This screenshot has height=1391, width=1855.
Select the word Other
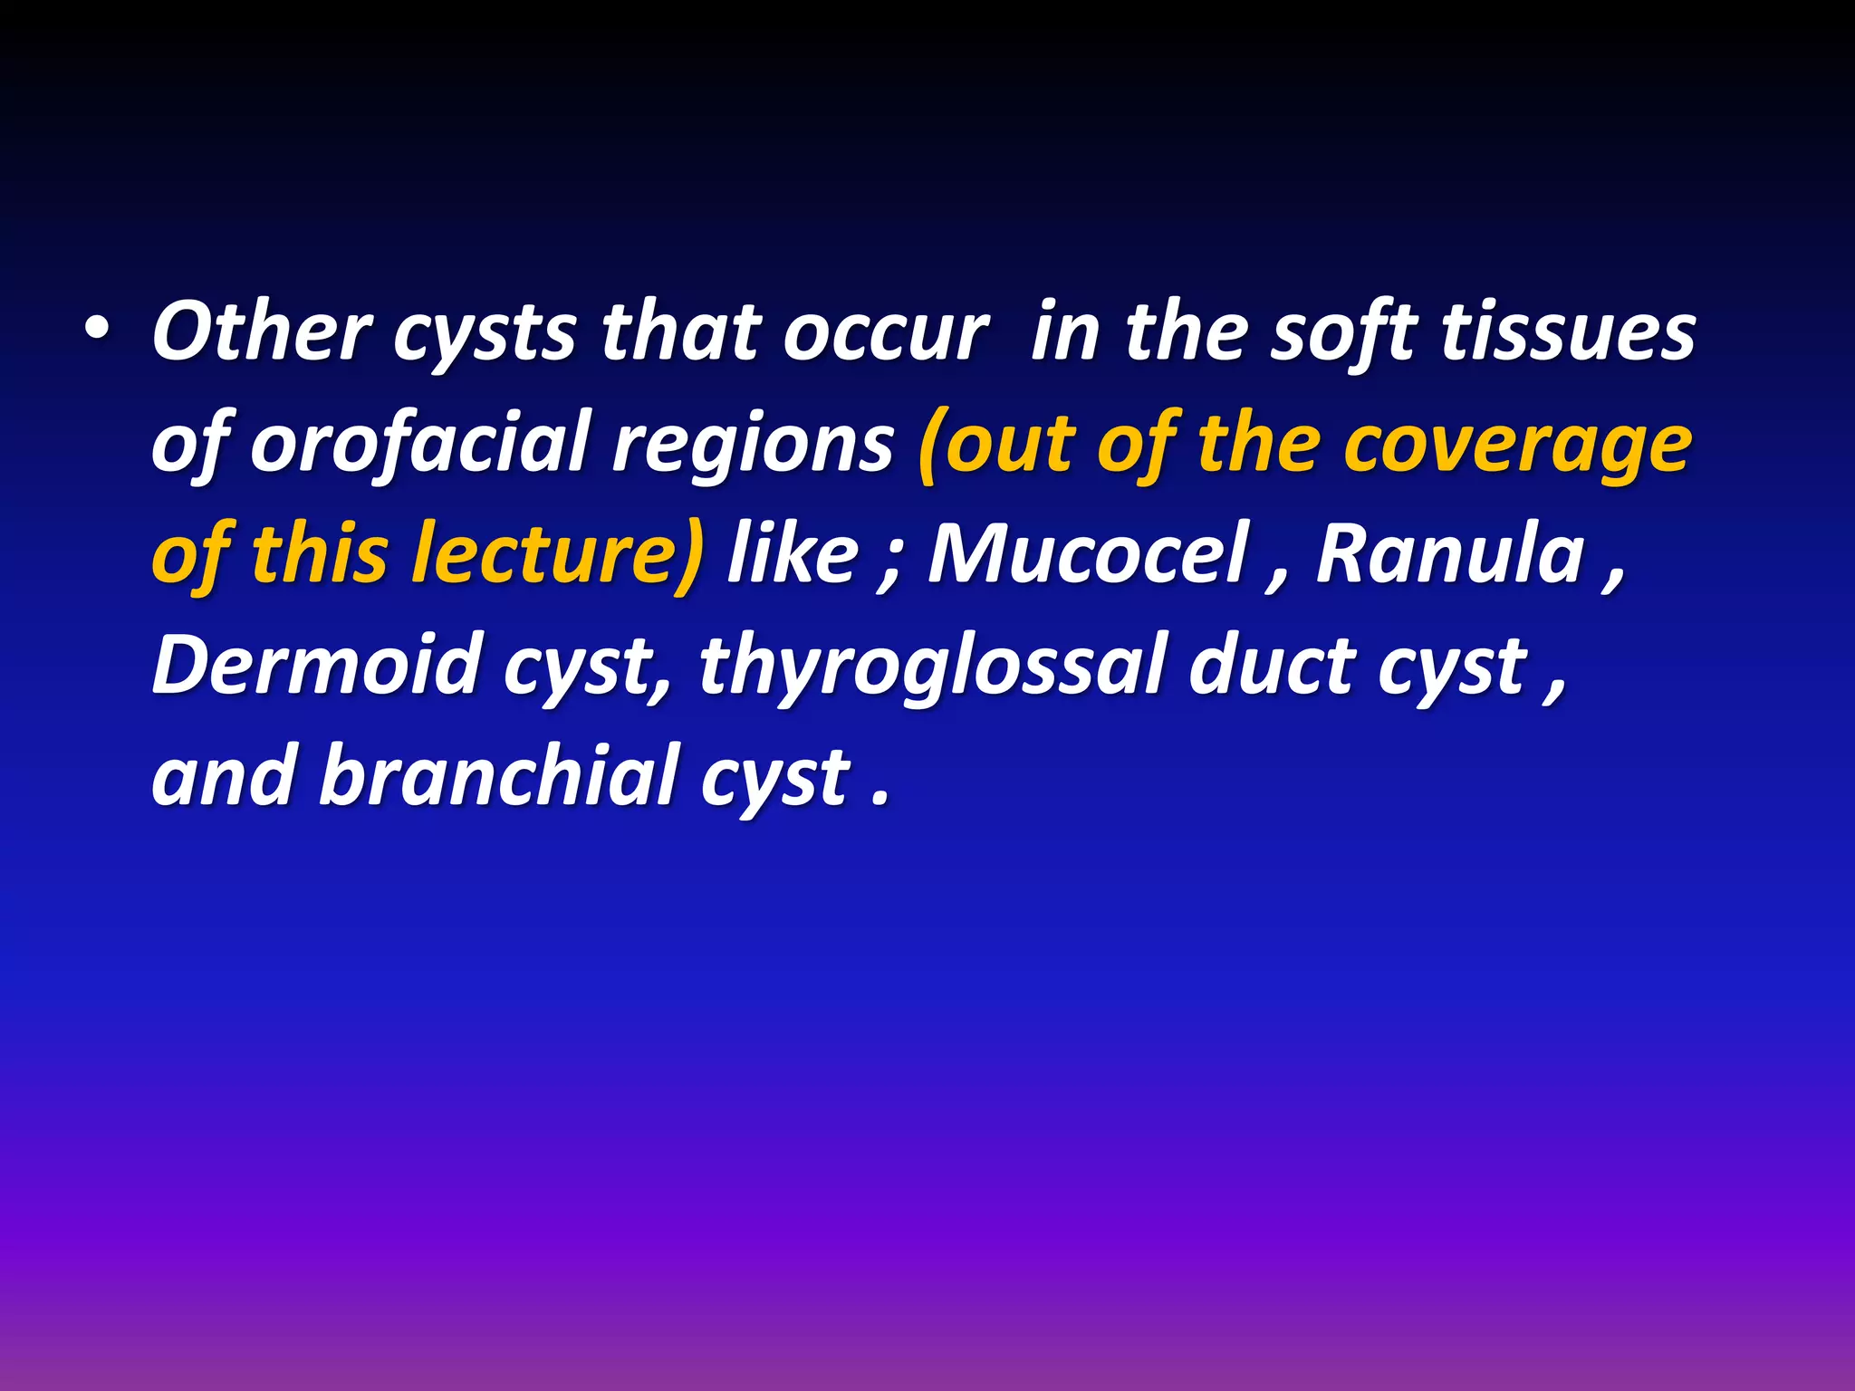coord(262,333)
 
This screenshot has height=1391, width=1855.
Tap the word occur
coord(885,333)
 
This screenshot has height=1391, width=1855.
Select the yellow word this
coord(320,554)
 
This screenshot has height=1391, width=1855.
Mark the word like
coord(793,554)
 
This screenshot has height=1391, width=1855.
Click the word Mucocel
coord(1088,554)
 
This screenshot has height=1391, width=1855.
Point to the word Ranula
coord(1450,554)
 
